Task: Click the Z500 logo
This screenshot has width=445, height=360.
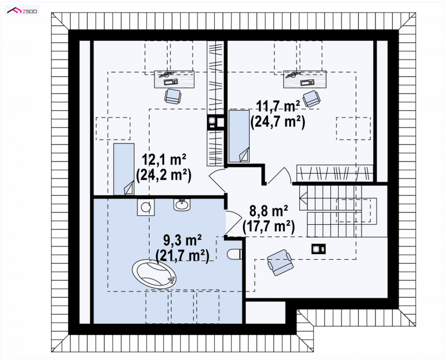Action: pos(22,11)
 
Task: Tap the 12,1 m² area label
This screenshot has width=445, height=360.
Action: pos(164,160)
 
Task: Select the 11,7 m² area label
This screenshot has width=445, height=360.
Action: pos(278,107)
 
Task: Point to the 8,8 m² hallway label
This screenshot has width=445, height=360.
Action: pos(269,211)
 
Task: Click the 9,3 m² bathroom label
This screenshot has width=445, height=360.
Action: pos(182,240)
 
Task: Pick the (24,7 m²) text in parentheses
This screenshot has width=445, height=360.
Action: pos(278,122)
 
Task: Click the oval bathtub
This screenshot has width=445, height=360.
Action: pos(154,274)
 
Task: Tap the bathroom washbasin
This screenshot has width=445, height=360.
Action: pos(182,204)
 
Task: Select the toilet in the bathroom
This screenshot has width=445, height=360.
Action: pos(234,254)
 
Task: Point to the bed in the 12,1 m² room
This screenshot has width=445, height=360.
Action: pos(124,169)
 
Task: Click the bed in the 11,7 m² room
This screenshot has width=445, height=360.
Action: pos(239,136)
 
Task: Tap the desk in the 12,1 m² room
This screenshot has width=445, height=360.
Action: pos(175,79)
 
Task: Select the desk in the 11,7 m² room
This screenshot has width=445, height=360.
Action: pos(305,80)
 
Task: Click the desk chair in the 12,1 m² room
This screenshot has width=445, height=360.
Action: pos(172,96)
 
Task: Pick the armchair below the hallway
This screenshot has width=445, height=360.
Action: pos(280,262)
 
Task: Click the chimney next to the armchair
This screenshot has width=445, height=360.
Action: pos(318,249)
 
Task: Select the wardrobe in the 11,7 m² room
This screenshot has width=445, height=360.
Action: pos(335,173)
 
